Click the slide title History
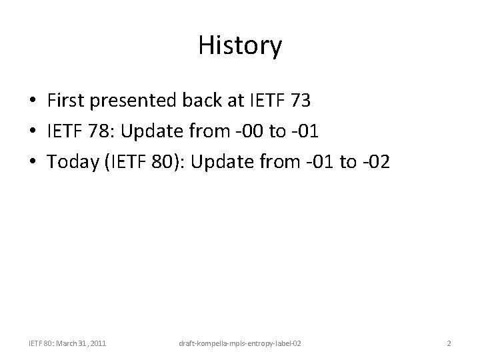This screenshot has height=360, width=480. pyautogui.click(x=240, y=46)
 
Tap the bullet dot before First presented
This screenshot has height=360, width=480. pyautogui.click(x=33, y=101)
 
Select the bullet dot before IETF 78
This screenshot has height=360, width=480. pyautogui.click(x=33, y=131)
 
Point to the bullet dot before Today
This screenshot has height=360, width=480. pyautogui.click(x=33, y=161)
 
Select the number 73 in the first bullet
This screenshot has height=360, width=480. pyautogui.click(x=301, y=101)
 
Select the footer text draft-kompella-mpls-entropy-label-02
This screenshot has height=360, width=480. pyautogui.click(x=239, y=343)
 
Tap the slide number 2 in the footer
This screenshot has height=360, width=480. pyautogui.click(x=449, y=343)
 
